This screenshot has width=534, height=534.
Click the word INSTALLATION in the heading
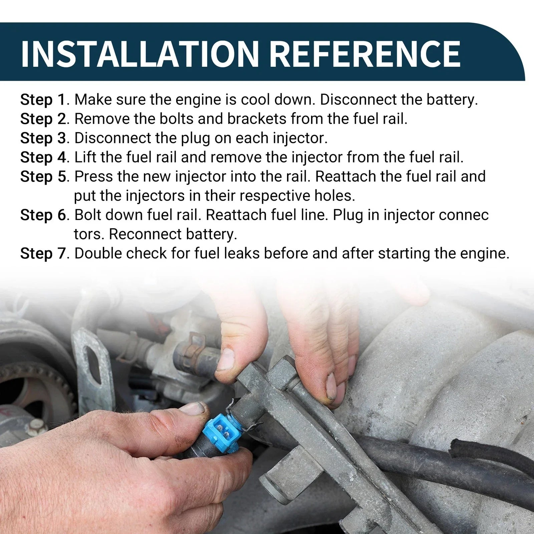pyautogui.click(x=140, y=53)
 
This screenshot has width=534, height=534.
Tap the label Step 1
pyautogui.click(x=43, y=100)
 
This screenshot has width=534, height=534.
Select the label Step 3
pyautogui.click(x=43, y=139)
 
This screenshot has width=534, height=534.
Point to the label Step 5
pyautogui.click(x=43, y=177)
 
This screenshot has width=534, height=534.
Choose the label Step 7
pyautogui.click(x=43, y=254)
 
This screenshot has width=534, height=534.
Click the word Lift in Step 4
pyautogui.click(x=86, y=158)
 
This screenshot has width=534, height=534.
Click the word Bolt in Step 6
pyautogui.click(x=87, y=215)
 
